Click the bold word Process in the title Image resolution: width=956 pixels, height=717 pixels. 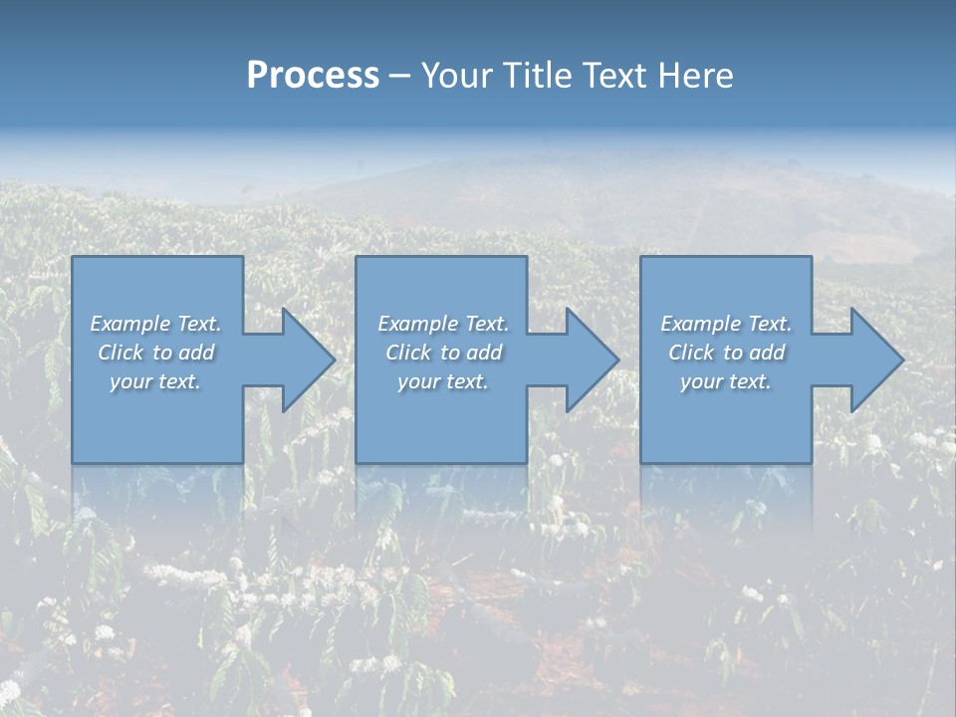313,76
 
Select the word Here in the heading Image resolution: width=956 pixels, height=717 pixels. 695,76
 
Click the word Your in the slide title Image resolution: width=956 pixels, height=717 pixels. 459,76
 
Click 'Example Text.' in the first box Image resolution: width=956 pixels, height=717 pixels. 155,324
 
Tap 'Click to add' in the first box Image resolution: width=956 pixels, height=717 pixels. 155,353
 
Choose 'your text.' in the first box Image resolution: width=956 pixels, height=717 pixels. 155,381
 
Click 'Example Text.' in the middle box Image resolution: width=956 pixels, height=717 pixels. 442,324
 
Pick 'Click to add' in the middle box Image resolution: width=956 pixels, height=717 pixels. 442,353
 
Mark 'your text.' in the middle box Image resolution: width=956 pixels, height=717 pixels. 442,381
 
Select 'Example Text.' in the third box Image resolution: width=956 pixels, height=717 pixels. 726,324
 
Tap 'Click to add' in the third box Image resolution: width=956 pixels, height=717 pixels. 726,353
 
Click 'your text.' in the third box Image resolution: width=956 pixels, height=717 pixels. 726,381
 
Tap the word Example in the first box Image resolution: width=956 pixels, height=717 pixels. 130,324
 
